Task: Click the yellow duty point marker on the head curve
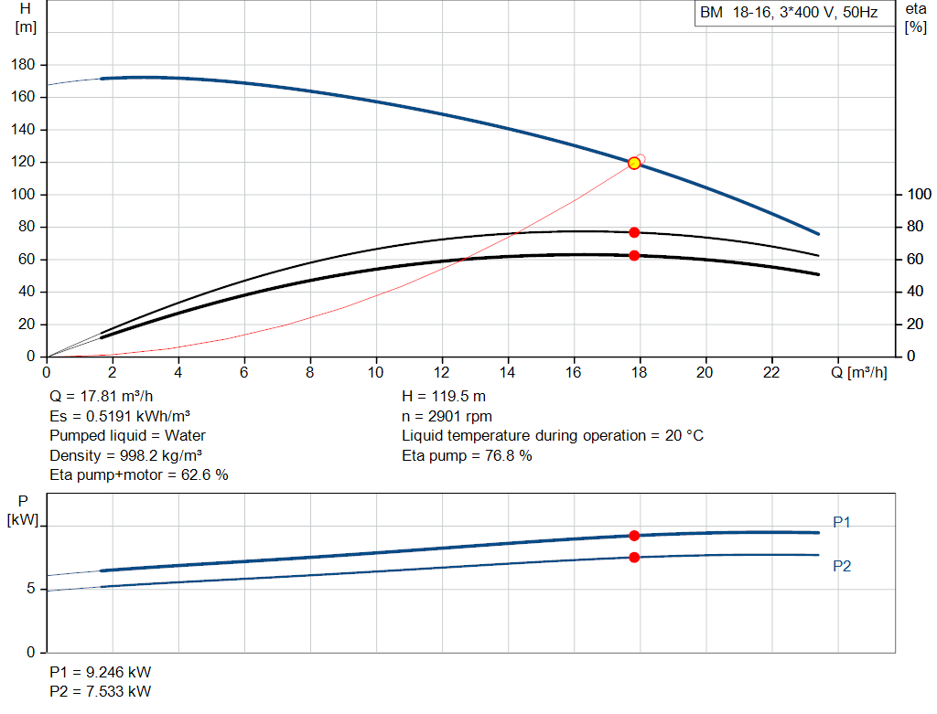tap(634, 163)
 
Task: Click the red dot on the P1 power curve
tap(634, 536)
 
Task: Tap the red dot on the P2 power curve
tap(634, 557)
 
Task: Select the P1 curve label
tap(842, 522)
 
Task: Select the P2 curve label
tap(842, 566)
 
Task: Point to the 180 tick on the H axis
tap(23, 65)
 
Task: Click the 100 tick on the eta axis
tap(919, 194)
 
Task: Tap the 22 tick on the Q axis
tap(771, 372)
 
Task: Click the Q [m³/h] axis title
tap(858, 372)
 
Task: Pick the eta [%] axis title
tap(915, 18)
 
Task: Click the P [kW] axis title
tap(23, 510)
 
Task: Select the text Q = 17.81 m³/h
tap(101, 397)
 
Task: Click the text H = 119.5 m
tap(444, 397)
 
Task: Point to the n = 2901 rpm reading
tap(447, 416)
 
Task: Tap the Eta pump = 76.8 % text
tap(467, 455)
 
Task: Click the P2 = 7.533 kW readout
tap(101, 691)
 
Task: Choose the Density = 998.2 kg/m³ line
tap(125, 455)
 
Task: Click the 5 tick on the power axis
tap(30, 589)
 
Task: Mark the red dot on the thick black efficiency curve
tap(634, 255)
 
